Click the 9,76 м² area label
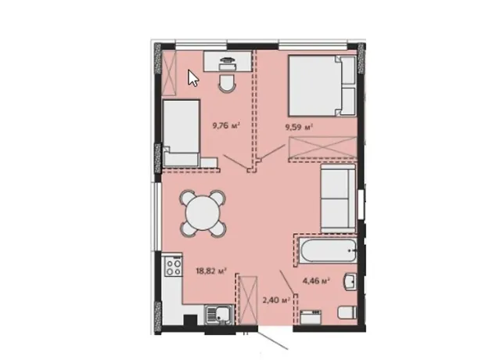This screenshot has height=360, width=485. pos(226,126)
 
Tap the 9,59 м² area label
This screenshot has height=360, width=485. pos(299,127)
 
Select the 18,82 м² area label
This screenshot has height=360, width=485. pos(211,272)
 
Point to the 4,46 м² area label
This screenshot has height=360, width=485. pos(315,281)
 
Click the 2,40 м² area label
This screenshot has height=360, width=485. pos(276,300)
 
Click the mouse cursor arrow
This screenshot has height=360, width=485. pos(193,78)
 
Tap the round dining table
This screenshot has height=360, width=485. pos(203,214)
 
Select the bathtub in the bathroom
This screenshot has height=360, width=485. pos(328,250)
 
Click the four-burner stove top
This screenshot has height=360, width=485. pos(174,267)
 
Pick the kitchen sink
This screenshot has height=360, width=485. pos(218,315)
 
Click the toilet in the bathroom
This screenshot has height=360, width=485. pos(347,312)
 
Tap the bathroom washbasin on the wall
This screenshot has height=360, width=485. pos(350,282)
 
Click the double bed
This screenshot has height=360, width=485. pos(322,85)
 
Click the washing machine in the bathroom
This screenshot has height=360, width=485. pos(311,317)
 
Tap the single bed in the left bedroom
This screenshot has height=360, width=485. pos(181,133)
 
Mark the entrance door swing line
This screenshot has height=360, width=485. pos(273,340)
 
